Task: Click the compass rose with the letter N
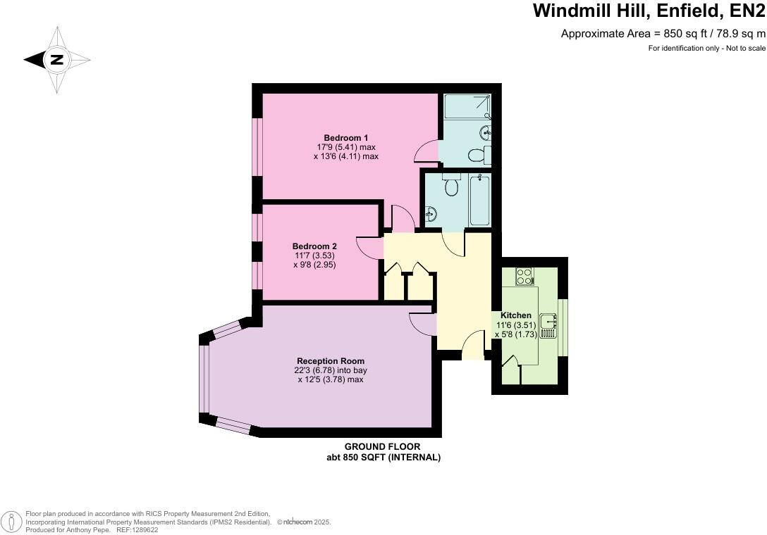click(x=57, y=60)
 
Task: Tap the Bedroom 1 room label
click(x=346, y=137)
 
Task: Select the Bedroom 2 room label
click(x=314, y=246)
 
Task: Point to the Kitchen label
click(x=516, y=315)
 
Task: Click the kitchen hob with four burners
click(x=524, y=276)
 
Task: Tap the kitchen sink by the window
click(x=548, y=324)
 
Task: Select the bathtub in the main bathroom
click(x=480, y=201)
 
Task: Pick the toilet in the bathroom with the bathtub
click(x=452, y=187)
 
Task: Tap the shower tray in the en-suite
click(x=467, y=106)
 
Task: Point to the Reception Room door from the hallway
click(x=422, y=323)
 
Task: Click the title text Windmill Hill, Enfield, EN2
click(x=649, y=11)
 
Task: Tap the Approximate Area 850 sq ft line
click(x=663, y=33)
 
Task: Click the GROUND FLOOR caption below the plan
click(x=382, y=447)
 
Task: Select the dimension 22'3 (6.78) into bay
click(x=331, y=370)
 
